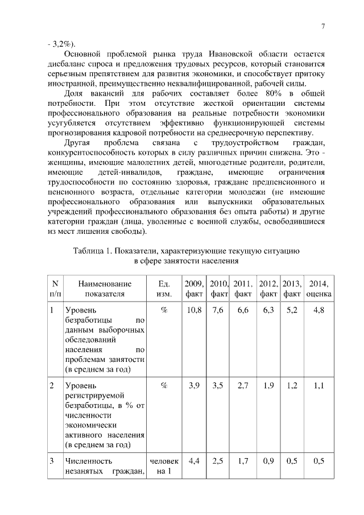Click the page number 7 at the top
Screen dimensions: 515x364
[322, 27]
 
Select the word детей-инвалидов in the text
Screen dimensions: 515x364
[131, 171]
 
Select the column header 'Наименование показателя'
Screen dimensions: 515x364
[105, 289]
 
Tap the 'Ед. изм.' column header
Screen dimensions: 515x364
[163, 289]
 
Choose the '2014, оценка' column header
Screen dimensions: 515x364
[319, 289]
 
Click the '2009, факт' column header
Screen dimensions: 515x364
[195, 289]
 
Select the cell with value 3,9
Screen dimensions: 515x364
[195, 386]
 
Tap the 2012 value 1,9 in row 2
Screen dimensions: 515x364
[268, 386]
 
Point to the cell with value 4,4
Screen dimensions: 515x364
[195, 461]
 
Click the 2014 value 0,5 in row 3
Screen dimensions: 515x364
[319, 461]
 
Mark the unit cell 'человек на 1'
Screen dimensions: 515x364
[163, 466]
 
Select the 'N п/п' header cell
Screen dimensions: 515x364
[55, 289]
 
